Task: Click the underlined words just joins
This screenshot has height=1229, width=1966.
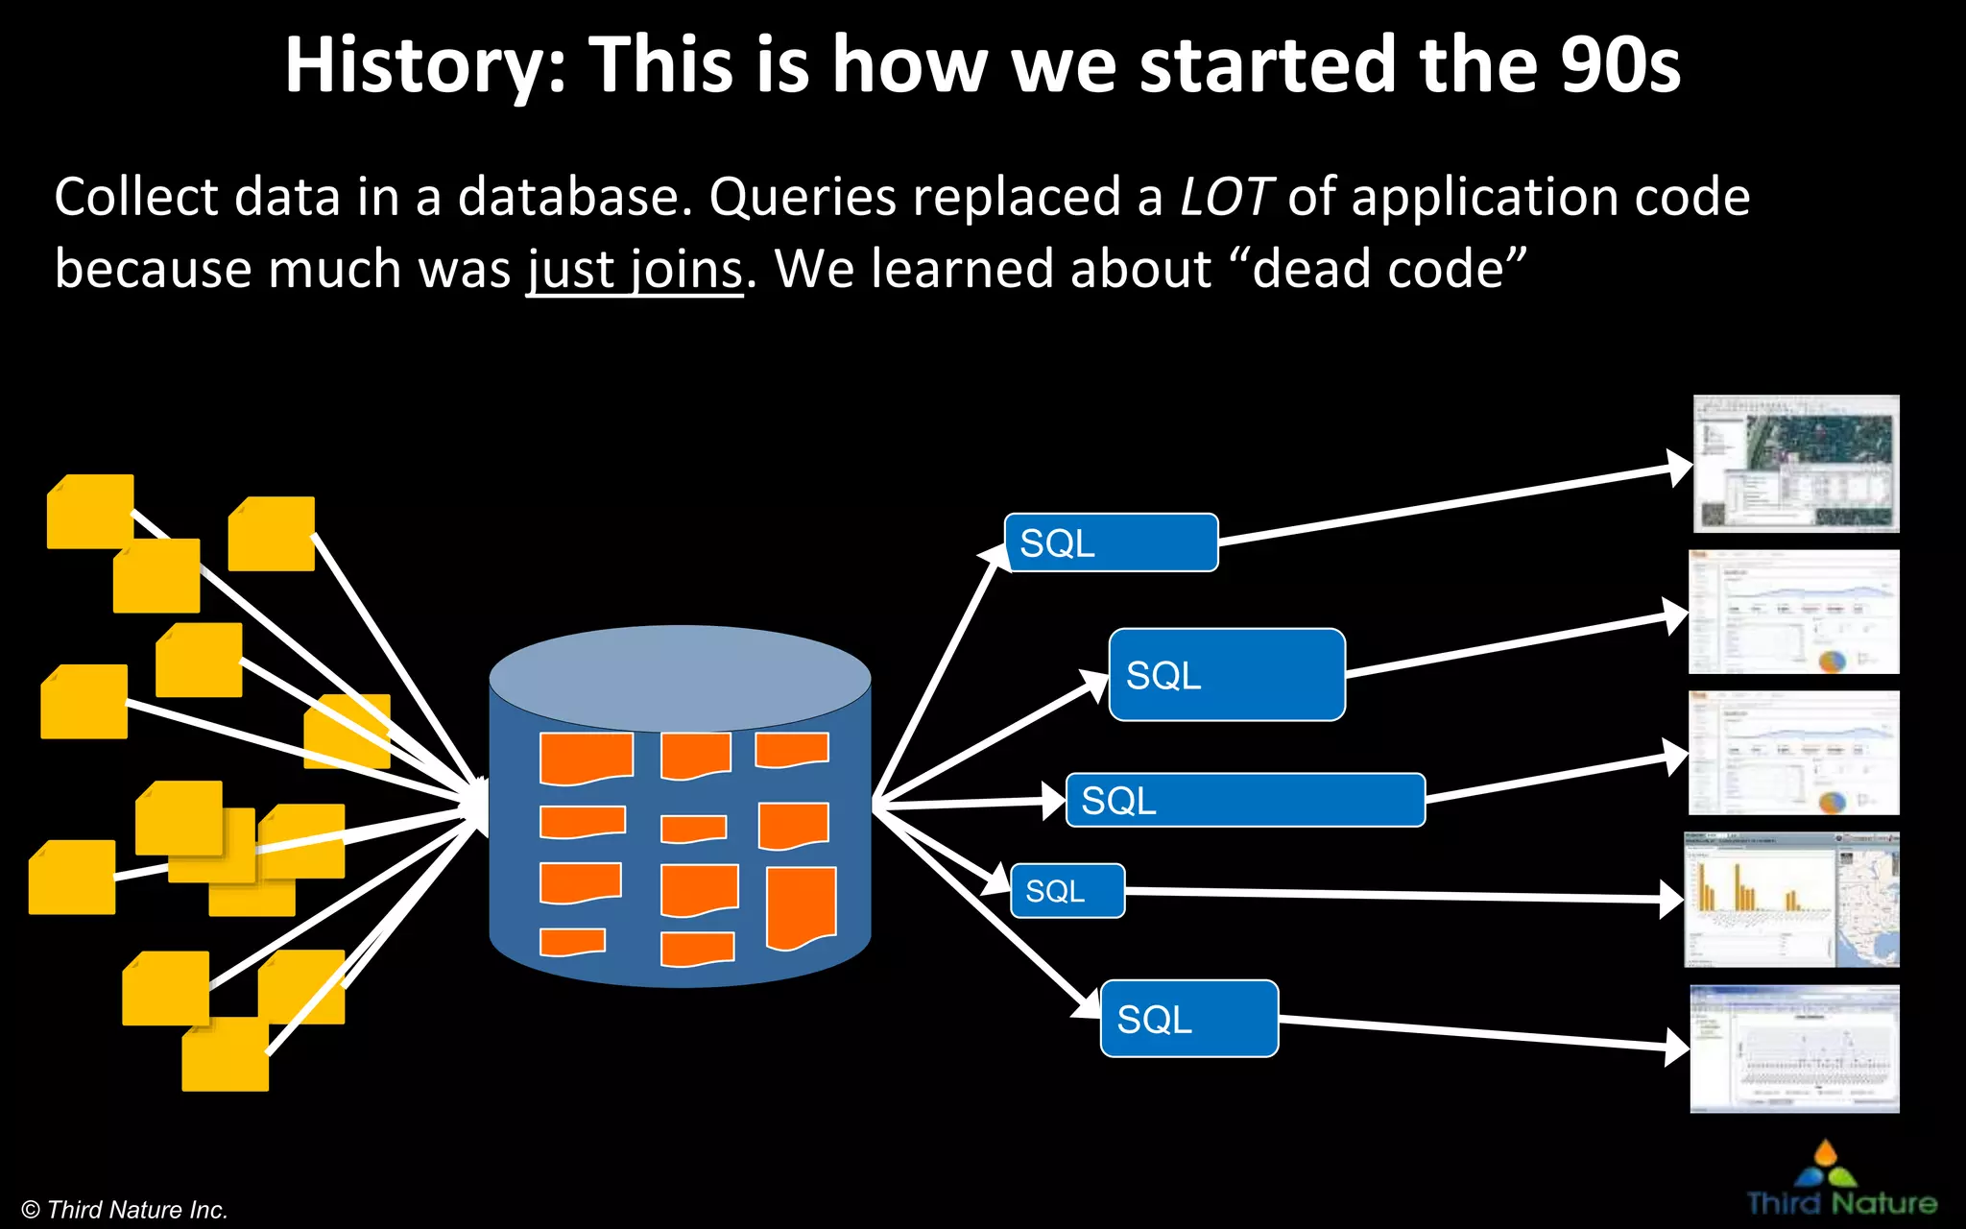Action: (635, 270)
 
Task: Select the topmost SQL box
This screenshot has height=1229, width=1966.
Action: (1111, 542)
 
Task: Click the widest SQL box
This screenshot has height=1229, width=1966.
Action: (1245, 800)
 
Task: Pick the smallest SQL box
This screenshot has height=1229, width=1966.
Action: (1067, 891)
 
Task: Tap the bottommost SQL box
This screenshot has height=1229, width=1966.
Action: (1188, 1019)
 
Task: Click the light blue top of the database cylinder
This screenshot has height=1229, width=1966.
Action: (680, 676)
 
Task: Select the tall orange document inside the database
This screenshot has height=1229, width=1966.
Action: (802, 907)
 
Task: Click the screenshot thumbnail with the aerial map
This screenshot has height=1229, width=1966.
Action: (1796, 464)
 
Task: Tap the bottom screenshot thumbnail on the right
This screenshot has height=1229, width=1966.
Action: (1794, 1048)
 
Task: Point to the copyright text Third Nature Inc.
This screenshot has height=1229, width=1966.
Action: (125, 1210)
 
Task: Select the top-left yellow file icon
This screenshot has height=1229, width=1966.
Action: (89, 511)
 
